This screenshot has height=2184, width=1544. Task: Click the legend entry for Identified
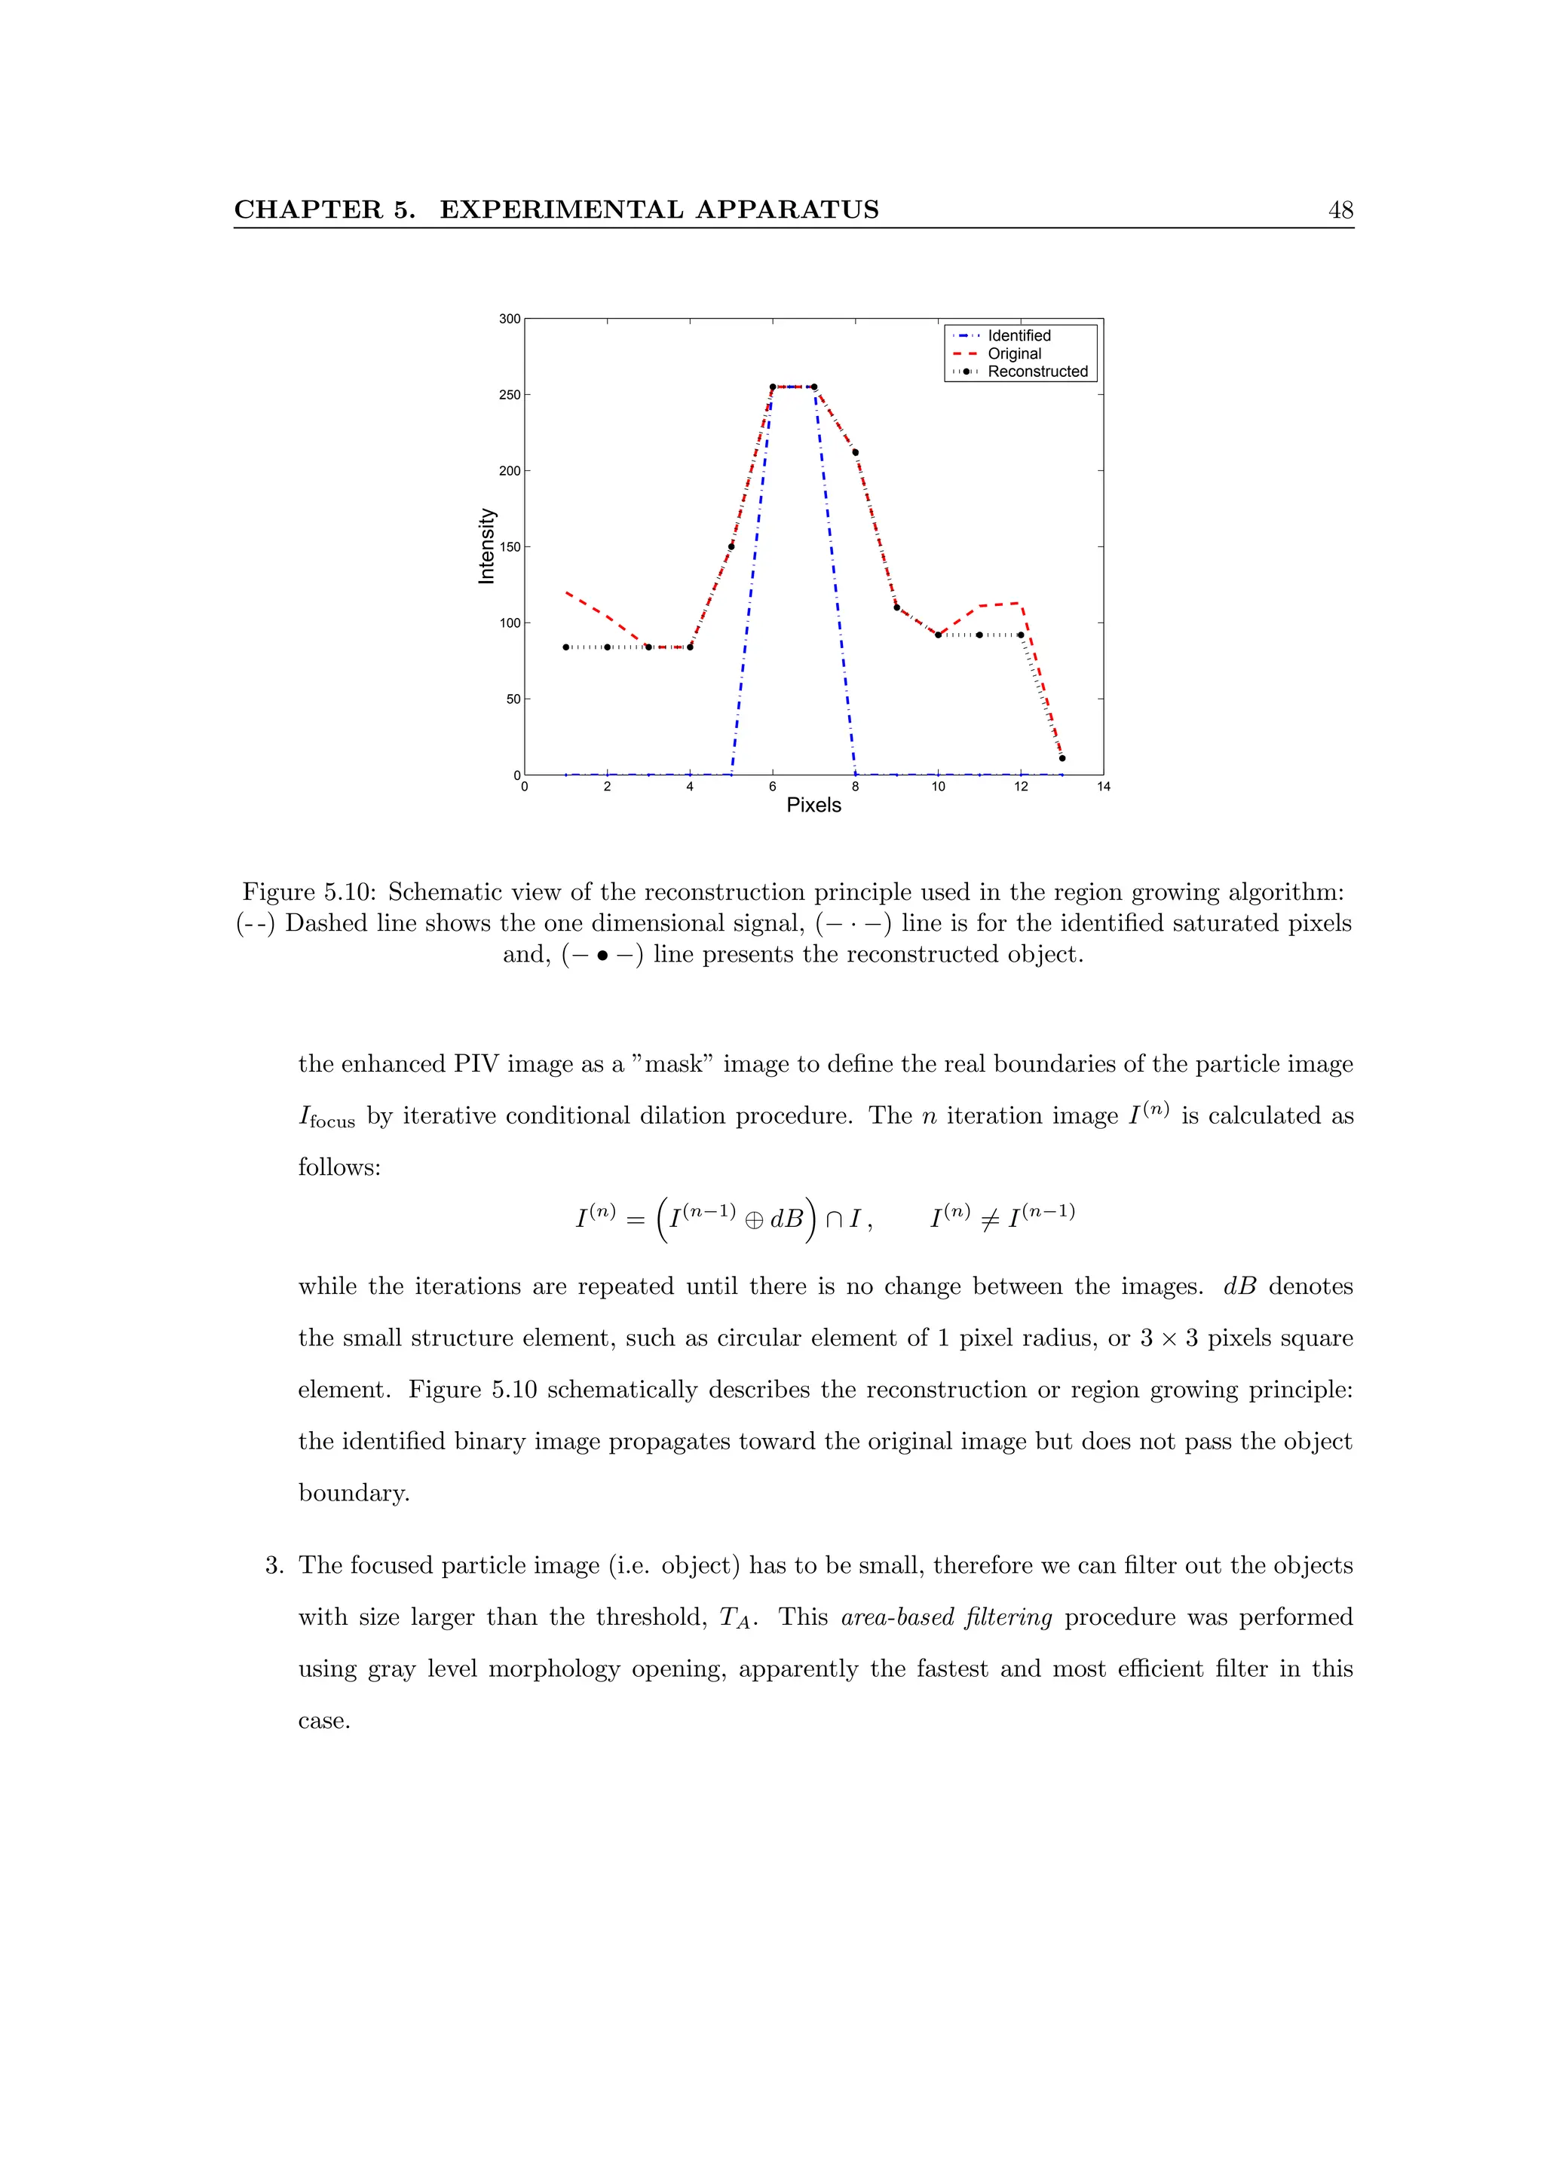(1018, 336)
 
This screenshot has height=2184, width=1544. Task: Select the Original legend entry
(1013, 354)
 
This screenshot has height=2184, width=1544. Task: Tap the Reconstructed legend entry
(1037, 372)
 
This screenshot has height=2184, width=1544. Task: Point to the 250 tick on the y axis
(510, 395)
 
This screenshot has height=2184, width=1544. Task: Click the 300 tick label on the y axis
(510, 319)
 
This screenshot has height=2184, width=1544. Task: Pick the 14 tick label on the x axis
(1104, 787)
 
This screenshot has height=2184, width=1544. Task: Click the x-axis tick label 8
(855, 787)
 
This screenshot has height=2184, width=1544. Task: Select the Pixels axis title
(813, 805)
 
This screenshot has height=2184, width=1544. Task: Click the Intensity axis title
(487, 546)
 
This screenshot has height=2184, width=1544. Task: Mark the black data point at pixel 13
(1061, 758)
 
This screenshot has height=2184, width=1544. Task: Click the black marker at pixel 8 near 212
(855, 453)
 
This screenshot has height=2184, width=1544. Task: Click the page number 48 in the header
(1340, 210)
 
